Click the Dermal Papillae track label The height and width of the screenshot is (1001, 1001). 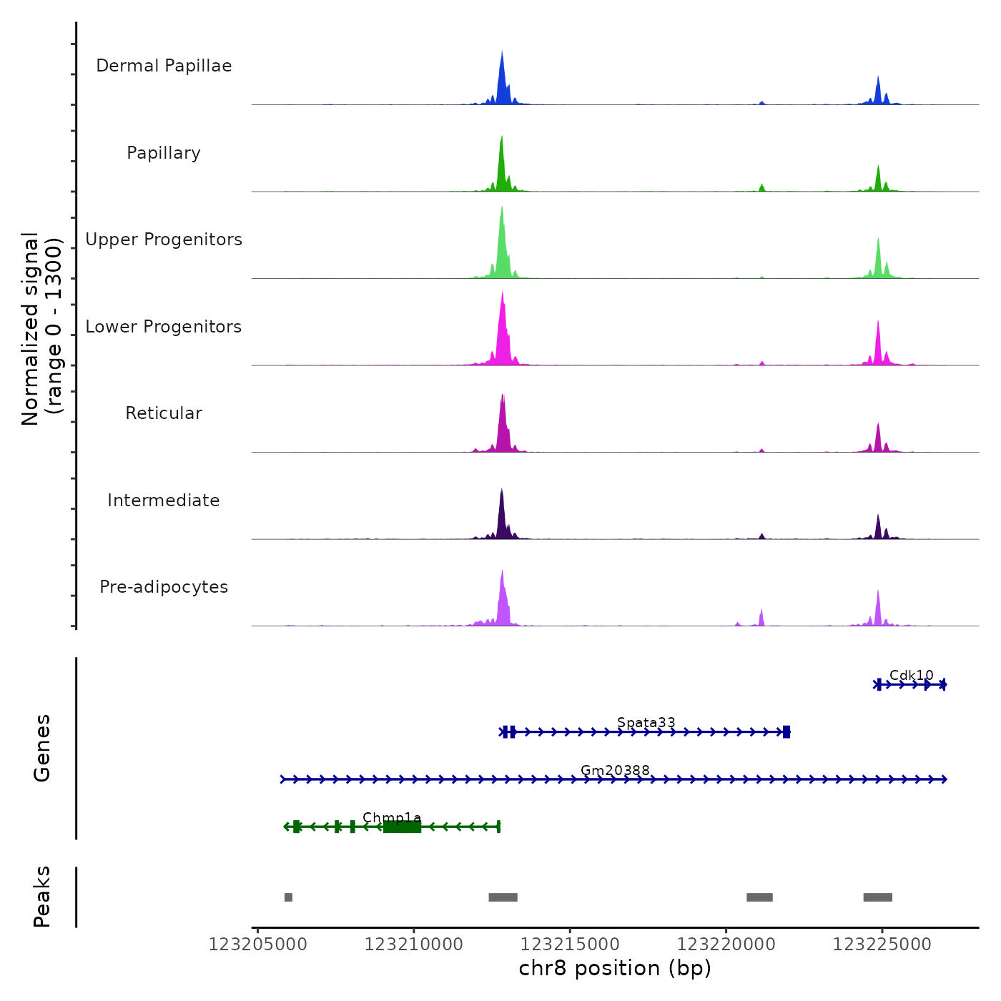[164, 66]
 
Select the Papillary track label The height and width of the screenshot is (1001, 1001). [164, 153]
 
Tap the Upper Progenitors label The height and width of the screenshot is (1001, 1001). [164, 240]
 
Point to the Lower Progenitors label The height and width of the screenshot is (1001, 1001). [164, 327]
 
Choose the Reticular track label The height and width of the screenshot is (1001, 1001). [164, 413]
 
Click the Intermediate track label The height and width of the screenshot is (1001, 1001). [164, 500]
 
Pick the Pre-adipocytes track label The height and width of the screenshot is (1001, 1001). [164, 587]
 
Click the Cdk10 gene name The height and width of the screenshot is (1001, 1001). [911, 675]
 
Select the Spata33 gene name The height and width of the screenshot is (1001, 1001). [646, 722]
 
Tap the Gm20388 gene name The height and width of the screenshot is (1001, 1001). [615, 770]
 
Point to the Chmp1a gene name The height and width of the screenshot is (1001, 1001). [392, 817]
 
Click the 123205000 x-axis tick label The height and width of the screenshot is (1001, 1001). [257, 945]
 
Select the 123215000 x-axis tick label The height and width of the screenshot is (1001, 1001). [570, 945]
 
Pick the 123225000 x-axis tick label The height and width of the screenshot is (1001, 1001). [882, 945]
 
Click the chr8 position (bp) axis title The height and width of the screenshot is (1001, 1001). [615, 968]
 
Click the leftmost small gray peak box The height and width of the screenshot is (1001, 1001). [288, 897]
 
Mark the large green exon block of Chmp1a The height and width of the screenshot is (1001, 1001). [402, 827]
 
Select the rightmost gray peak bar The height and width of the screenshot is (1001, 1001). [877, 897]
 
